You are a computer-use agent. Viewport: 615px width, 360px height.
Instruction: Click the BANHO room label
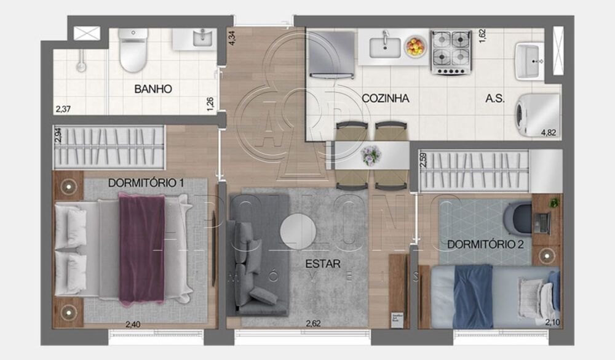point(153,89)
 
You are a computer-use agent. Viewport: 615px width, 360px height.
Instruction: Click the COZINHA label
point(386,98)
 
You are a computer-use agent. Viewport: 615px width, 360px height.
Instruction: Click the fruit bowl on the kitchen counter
point(416,46)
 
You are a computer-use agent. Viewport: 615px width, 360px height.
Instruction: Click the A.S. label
point(495,98)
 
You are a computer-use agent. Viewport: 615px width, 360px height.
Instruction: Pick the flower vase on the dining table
point(371,154)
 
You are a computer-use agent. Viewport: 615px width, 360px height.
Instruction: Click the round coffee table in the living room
point(298,231)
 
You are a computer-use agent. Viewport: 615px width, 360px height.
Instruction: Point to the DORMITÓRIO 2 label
point(486,244)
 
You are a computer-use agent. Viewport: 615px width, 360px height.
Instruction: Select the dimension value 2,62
point(314,324)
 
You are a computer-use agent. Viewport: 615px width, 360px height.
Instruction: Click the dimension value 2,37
point(63,110)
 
